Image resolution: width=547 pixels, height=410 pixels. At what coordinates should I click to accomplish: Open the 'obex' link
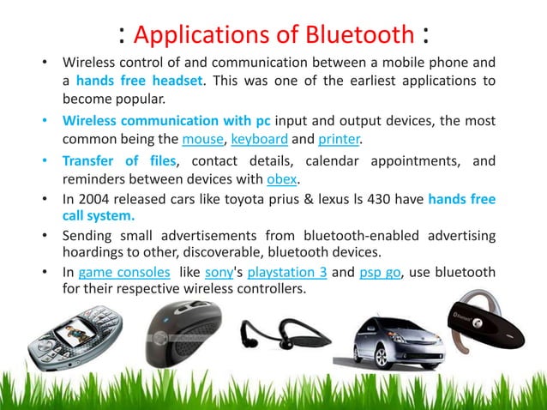click(283, 178)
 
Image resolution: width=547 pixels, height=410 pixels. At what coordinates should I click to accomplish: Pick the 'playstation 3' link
click(287, 272)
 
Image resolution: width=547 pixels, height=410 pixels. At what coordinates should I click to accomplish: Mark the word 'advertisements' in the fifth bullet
click(199, 235)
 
